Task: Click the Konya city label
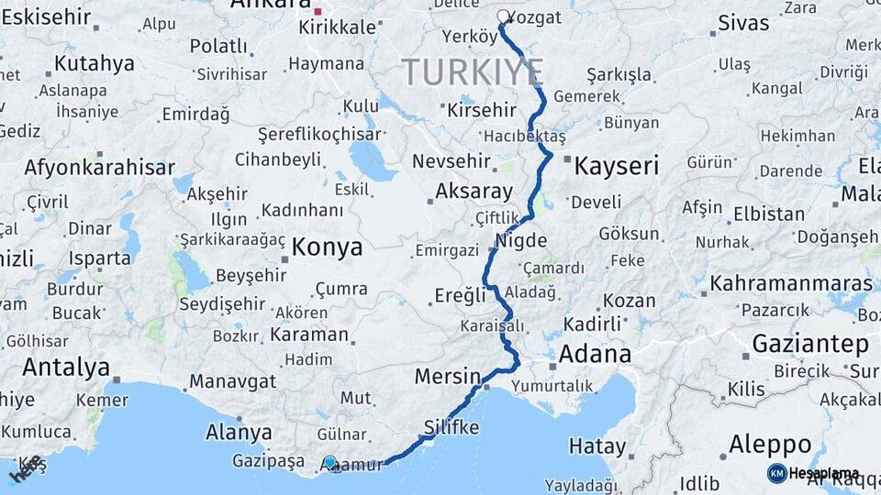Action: pyautogui.click(x=327, y=247)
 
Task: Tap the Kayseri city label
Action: pyautogui.click(x=616, y=166)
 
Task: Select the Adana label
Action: pyautogui.click(x=595, y=354)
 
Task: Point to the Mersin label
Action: pyautogui.click(x=448, y=376)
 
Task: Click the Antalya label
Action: pyautogui.click(x=66, y=368)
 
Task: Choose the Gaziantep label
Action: pyautogui.click(x=810, y=345)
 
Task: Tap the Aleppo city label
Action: pyautogui.click(x=770, y=445)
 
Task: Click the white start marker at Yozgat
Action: pyautogui.click(x=504, y=16)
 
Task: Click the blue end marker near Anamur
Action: pyautogui.click(x=330, y=463)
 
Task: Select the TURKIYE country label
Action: pyautogui.click(x=472, y=71)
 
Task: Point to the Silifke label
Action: pyautogui.click(x=452, y=427)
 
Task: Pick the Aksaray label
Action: pyautogui.click(x=474, y=192)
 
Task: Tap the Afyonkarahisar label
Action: pyautogui.click(x=99, y=168)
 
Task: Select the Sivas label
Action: pyautogui.click(x=743, y=23)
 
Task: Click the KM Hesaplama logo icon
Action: pyautogui.click(x=777, y=473)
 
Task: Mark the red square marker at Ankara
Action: pyautogui.click(x=318, y=12)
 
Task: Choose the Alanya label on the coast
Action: pyautogui.click(x=239, y=432)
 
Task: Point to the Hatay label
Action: pyautogui.click(x=597, y=446)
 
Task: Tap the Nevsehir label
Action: pyautogui.click(x=452, y=161)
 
